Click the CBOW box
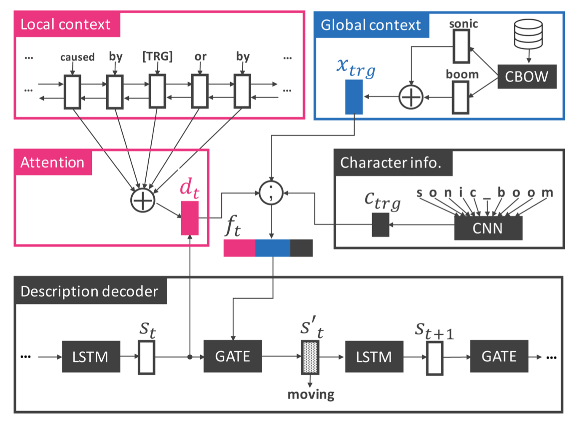pos(527,77)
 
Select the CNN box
pos(488,228)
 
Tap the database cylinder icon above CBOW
pos(528,34)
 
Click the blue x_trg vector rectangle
pos(354,97)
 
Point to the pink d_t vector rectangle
pos(190,218)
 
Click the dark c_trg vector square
pos(381,225)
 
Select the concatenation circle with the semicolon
pos(271,193)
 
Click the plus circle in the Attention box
pos(143,200)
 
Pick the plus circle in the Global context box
pos(411,97)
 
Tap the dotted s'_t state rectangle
pos(310,357)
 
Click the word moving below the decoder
pos(311,394)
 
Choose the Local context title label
pos(66,24)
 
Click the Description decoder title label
pos(89,291)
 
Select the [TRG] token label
pos(157,56)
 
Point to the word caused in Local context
pos(77,57)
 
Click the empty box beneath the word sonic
pos(461,46)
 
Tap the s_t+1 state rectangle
pos(435,358)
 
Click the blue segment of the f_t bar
pos(273,248)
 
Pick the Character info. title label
pos(391,163)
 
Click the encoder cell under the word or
pos(200,91)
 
